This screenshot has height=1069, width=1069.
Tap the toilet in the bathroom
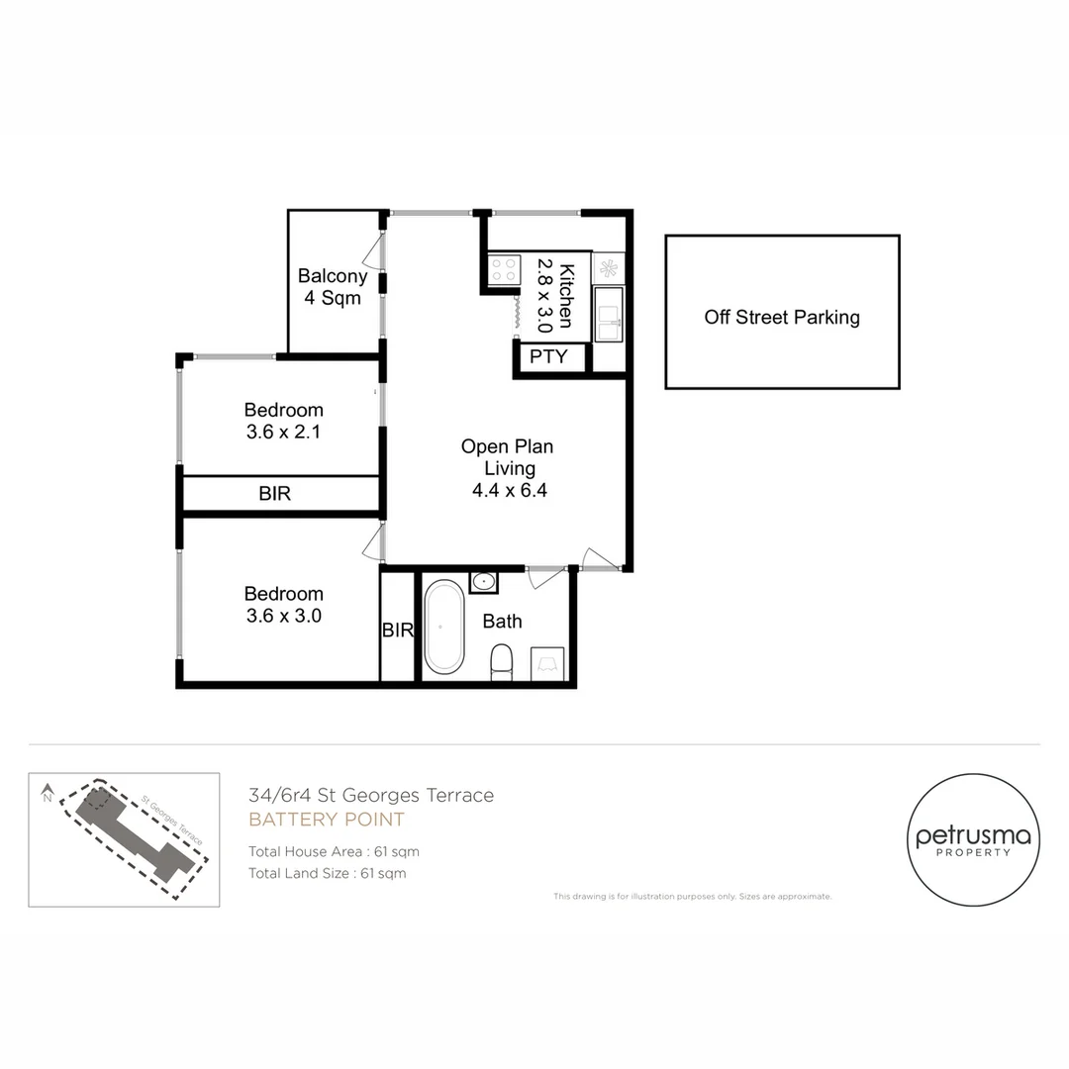[502, 661]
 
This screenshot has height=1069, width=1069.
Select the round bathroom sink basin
[484, 581]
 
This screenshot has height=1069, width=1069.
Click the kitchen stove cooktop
[504, 269]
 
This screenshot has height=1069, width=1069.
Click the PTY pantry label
[548, 356]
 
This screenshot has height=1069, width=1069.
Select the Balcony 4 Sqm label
[333, 287]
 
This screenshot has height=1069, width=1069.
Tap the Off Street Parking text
[782, 318]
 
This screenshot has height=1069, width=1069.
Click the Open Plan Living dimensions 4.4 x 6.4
[507, 491]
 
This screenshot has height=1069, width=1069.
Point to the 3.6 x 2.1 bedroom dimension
[283, 433]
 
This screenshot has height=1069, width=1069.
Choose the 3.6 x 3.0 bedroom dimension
[283, 616]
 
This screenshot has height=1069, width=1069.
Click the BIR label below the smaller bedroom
[275, 493]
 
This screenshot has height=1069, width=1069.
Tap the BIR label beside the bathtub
[398, 630]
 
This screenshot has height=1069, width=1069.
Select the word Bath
[502, 622]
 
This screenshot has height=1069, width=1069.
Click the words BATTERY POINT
[327, 820]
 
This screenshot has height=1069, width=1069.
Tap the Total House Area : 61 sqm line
[334, 851]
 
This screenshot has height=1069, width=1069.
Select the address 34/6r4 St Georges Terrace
[371, 795]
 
